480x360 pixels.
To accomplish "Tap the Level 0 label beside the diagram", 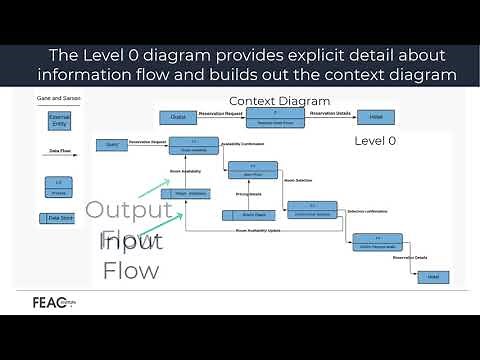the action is (x=376, y=141).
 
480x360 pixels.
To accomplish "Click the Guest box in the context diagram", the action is (x=178, y=118).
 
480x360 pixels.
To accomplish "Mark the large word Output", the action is (x=121, y=211).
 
